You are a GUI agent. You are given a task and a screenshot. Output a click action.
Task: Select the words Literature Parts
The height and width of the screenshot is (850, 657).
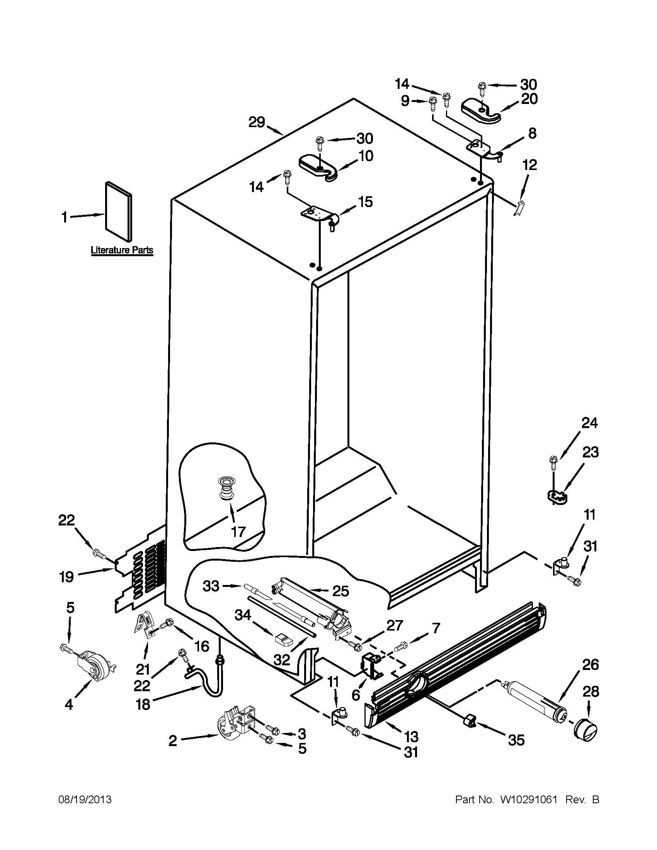(x=122, y=250)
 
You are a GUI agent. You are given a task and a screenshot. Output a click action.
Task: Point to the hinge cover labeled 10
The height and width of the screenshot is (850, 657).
(x=318, y=168)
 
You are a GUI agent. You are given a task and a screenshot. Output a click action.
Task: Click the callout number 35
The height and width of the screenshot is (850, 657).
(x=516, y=740)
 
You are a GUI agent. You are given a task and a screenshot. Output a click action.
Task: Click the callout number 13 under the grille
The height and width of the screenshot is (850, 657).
(x=411, y=736)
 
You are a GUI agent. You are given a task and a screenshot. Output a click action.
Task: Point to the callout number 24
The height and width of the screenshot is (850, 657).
(x=589, y=423)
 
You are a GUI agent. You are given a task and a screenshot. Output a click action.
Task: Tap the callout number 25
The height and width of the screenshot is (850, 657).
(x=340, y=591)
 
